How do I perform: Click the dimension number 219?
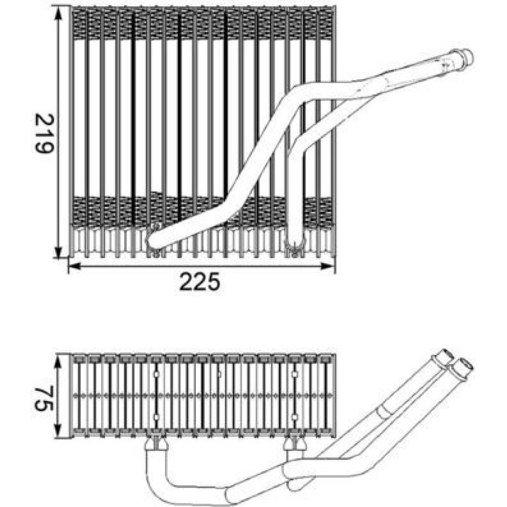44,133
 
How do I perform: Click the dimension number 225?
200,281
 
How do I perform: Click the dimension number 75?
44,397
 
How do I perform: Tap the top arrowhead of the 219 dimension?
58,14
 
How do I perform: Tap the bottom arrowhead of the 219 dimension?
58,252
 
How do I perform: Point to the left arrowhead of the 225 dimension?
75,266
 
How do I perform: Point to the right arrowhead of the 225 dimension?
327,266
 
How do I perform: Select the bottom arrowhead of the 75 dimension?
58,431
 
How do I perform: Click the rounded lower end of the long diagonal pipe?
154,240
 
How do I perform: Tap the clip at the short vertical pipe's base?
294,248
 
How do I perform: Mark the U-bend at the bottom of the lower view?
168,491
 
